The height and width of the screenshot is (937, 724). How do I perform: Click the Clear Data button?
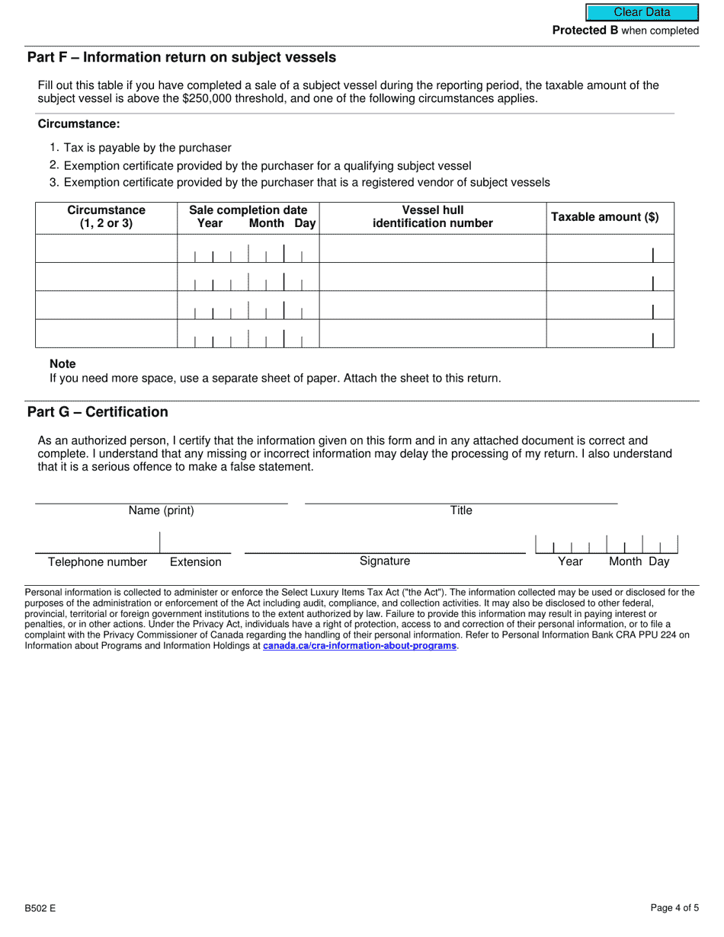tap(642, 12)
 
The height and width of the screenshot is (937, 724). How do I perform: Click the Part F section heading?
tap(181, 57)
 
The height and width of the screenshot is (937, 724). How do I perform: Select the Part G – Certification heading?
tap(98, 412)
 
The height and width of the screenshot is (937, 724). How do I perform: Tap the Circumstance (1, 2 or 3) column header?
tap(106, 216)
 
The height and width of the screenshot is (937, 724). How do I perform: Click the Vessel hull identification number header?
tap(432, 216)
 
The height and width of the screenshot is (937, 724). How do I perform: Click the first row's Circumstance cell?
tap(106, 249)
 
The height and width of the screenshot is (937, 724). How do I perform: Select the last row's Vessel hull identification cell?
tap(432, 334)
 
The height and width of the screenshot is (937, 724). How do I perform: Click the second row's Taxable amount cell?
tap(610, 277)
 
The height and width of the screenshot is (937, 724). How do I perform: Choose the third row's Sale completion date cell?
tap(248, 305)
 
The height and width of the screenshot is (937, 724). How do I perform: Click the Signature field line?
tap(385, 545)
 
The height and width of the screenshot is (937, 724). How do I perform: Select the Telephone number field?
tap(97, 544)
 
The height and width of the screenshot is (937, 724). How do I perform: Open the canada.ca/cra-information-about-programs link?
tap(359, 646)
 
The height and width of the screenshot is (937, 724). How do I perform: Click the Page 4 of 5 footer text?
tap(674, 907)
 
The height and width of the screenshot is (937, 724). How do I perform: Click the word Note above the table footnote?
tap(62, 364)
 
